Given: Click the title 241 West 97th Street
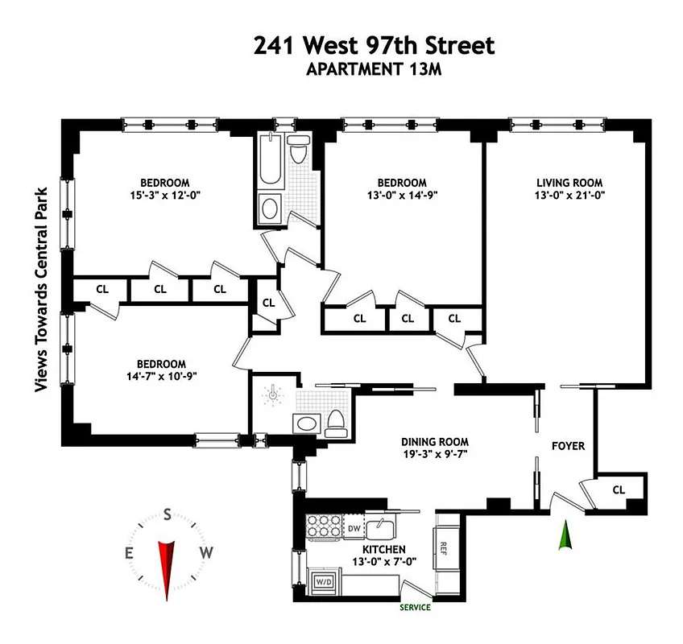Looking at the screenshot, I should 374,45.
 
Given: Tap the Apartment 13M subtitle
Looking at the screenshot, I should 374,69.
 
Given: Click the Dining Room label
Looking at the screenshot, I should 435,442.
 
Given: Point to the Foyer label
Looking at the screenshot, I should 567,445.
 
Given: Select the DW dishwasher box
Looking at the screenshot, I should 354,528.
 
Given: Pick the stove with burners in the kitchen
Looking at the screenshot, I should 325,527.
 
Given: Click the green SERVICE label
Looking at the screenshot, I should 415,608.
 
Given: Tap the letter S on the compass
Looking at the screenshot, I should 168,514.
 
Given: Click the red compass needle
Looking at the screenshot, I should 168,568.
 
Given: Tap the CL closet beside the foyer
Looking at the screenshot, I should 619,489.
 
